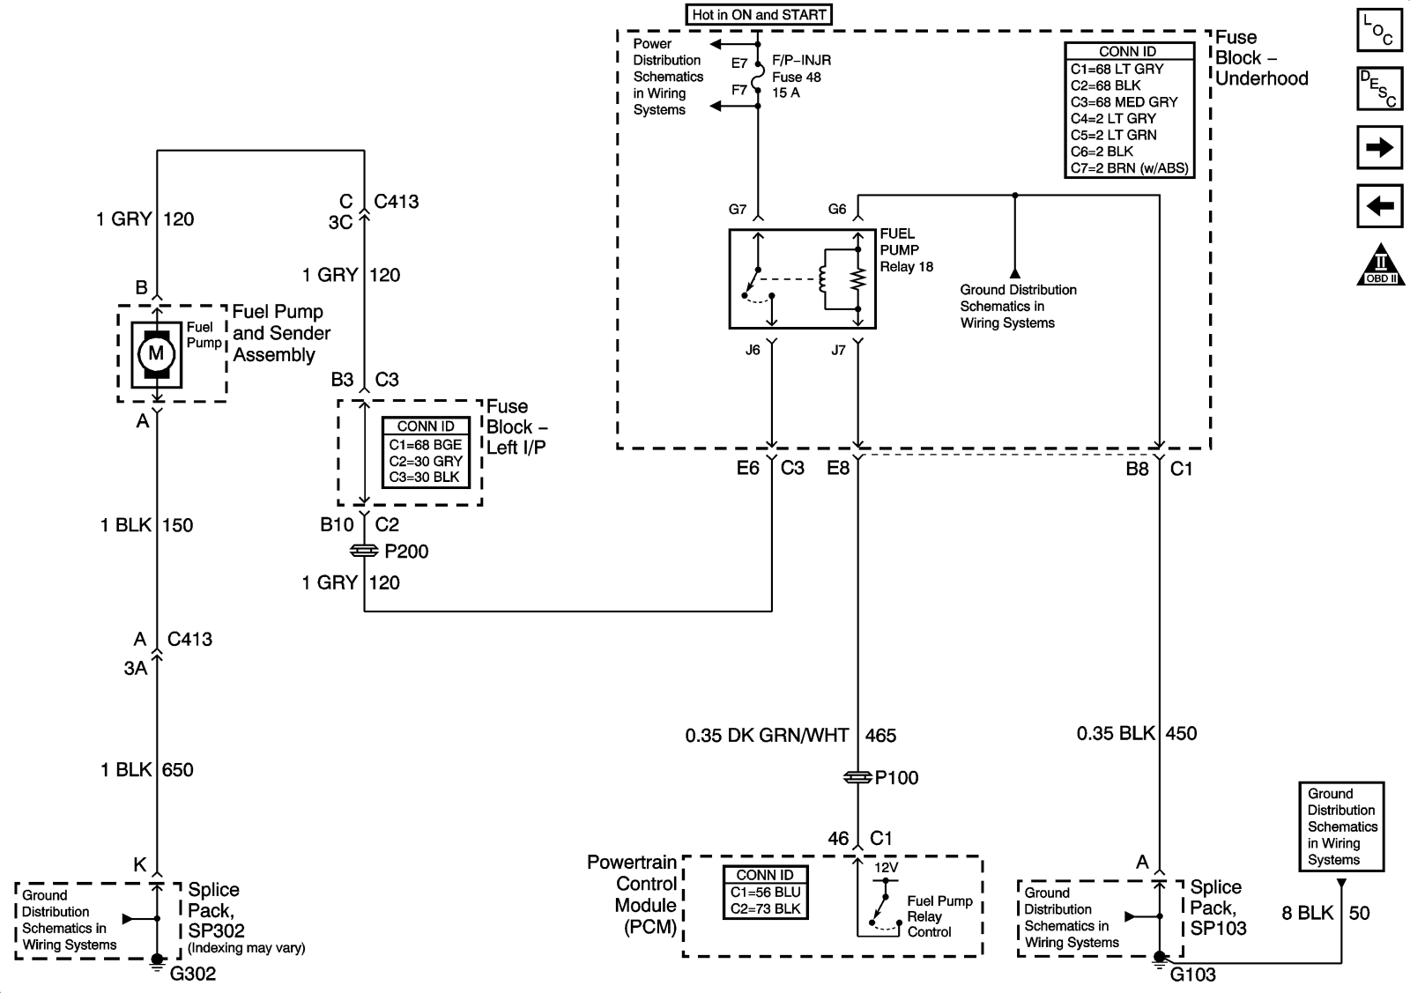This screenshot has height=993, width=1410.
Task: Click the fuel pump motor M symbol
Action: [x=156, y=354]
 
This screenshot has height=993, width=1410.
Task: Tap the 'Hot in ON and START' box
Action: [x=759, y=15]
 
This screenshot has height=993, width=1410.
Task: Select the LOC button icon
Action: [x=1378, y=29]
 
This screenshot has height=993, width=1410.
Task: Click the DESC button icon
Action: [x=1378, y=89]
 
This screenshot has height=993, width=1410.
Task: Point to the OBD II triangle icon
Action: [x=1380, y=265]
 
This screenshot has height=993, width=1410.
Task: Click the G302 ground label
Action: [x=193, y=974]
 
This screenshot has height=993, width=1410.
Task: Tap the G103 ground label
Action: [x=1192, y=974]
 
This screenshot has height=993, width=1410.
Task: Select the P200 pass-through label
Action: [x=406, y=552]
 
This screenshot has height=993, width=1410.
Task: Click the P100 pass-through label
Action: [x=896, y=778]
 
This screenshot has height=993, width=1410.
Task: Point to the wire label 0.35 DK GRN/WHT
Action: [x=767, y=735]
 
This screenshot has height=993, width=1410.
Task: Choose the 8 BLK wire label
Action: [x=1308, y=913]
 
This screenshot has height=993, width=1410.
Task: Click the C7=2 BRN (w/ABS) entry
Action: [x=1129, y=168]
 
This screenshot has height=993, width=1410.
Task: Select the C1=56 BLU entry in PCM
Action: [x=765, y=893]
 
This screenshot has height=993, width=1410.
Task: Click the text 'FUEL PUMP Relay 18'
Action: [x=906, y=250]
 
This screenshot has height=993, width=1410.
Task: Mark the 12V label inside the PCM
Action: [x=886, y=868]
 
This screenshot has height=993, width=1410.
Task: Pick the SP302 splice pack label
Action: [x=216, y=930]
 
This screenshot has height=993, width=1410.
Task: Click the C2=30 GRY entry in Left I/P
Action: [x=426, y=461]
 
